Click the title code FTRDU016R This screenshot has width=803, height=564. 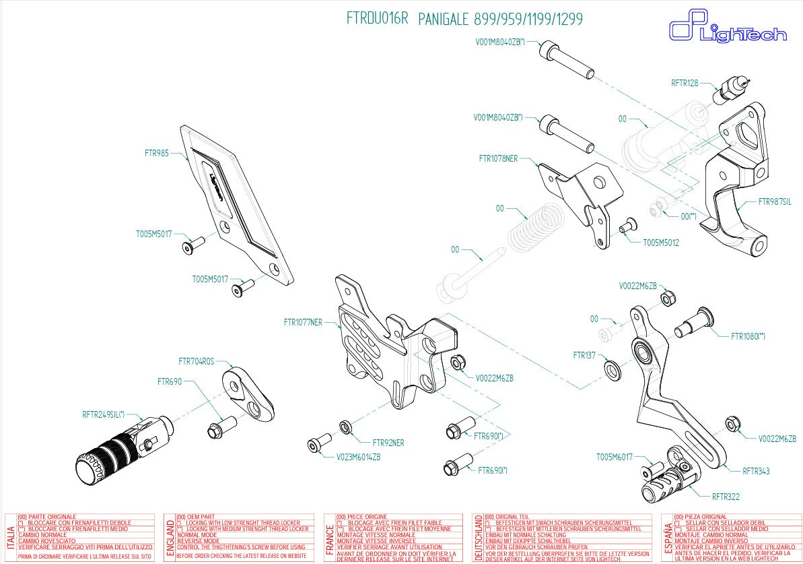coord(377,18)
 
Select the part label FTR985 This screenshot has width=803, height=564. coord(156,153)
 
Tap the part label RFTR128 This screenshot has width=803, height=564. coord(685,84)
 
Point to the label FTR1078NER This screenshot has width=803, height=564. coord(498,159)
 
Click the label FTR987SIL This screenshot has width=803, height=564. coord(774,201)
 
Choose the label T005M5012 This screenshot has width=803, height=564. coord(661,242)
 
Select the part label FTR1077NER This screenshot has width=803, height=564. coord(303,322)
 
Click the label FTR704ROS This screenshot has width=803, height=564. coord(197,361)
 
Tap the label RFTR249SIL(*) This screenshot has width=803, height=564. coord(104,414)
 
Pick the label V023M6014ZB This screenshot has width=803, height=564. coord(359,456)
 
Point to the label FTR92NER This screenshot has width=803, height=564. coord(388,443)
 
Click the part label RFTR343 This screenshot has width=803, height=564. coord(756,471)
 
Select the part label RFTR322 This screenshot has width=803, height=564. coord(726,497)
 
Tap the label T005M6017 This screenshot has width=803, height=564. coord(615,457)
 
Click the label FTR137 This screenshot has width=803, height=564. coord(584,354)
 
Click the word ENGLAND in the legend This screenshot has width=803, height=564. coord(170,538)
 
